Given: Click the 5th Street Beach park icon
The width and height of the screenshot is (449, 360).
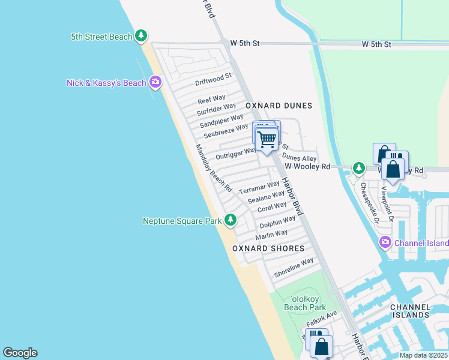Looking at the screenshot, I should click(x=141, y=37).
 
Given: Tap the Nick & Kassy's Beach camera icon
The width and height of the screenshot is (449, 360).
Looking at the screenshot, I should click(x=155, y=82).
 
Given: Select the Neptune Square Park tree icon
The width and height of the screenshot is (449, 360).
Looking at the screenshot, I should click(x=231, y=221).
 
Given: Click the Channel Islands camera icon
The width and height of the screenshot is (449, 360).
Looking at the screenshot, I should click(x=385, y=242).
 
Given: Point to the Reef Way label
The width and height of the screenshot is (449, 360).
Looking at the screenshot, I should click(x=211, y=98).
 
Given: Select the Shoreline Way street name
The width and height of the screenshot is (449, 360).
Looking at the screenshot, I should click(x=294, y=268).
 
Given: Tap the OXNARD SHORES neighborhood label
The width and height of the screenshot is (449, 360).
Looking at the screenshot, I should click(x=268, y=248).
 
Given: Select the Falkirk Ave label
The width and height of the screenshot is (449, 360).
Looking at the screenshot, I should click(x=322, y=319).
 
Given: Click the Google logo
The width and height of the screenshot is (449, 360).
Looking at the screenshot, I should click(x=20, y=353).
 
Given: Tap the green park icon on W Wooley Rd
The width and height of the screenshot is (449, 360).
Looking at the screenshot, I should click(x=359, y=168).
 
